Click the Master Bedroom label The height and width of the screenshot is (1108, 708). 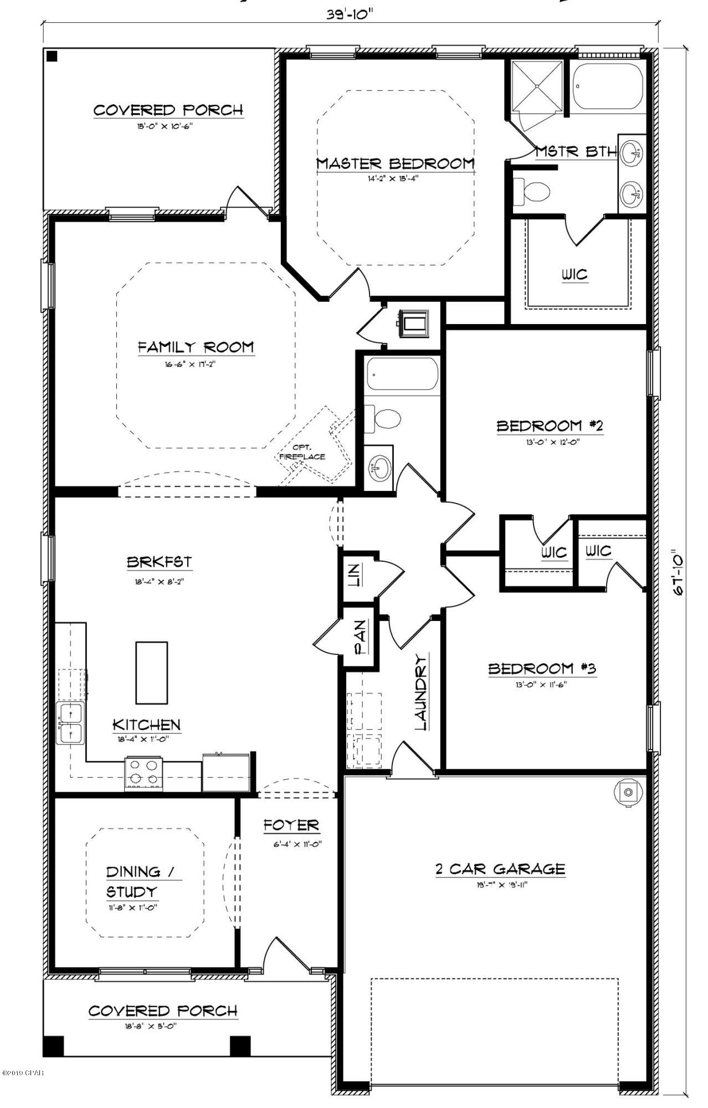coord(395,163)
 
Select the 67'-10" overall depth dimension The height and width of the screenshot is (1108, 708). coord(678,572)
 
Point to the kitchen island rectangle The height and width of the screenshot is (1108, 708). coord(152,672)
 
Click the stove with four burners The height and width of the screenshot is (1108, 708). coord(143,773)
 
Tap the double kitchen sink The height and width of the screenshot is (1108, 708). coord(70,724)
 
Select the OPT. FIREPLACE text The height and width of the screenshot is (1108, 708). coord(302,452)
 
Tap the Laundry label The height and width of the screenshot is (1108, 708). coord(422,693)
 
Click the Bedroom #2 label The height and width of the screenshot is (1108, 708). coord(549,425)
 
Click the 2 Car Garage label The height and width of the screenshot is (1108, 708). coord(500,869)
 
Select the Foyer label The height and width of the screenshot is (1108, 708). coord(291,825)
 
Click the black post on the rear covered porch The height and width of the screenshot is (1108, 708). coord(52,56)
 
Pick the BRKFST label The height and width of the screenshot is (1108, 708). coord(160,562)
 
